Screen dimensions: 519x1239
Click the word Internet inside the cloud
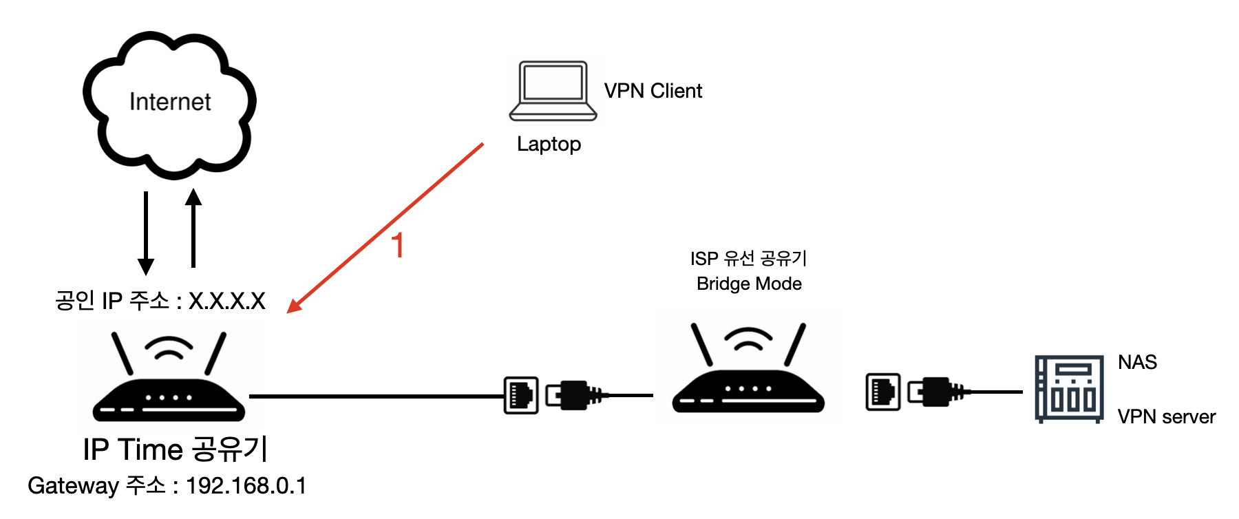coord(170,102)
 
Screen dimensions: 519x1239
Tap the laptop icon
coord(553,91)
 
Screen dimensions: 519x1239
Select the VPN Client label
coord(653,91)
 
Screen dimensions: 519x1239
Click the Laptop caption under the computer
coord(549,144)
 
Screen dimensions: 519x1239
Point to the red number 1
coord(397,246)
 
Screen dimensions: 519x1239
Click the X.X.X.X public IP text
coord(226,301)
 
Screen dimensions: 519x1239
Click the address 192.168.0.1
coord(246,486)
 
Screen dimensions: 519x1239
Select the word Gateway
coord(73,486)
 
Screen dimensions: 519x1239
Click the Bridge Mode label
coord(749,284)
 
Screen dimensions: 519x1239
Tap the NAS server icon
coord(1069,389)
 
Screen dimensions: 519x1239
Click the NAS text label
coord(1137,362)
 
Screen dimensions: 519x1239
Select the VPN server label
coord(1166,416)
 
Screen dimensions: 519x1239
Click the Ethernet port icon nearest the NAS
coord(883,392)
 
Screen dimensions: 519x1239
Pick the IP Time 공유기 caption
coord(175,449)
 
